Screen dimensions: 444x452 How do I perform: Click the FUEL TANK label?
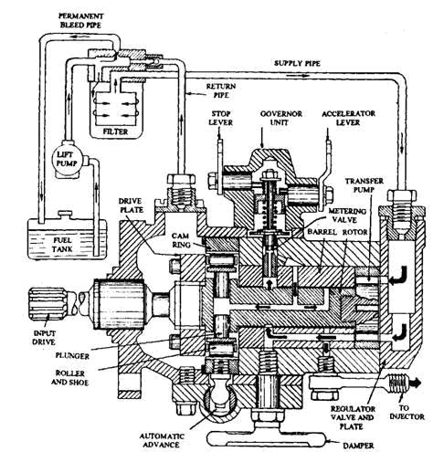62,245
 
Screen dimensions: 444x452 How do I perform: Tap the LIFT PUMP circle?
67,159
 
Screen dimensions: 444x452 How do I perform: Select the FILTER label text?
115,131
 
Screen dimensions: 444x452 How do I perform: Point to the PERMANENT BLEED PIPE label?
80,20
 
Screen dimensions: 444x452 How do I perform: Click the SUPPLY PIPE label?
297,63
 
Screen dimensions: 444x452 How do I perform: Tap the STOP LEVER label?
221,118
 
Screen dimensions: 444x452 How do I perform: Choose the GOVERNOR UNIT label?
280,118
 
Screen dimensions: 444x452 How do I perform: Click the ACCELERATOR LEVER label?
348,118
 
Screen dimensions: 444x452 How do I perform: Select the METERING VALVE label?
347,215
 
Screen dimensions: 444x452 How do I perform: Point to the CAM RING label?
181,240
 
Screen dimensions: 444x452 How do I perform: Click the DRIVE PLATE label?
131,205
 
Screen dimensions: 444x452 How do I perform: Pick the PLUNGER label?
72,355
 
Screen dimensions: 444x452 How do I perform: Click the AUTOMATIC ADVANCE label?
162,440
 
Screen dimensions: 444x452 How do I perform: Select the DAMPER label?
358,446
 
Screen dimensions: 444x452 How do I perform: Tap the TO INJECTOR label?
407,412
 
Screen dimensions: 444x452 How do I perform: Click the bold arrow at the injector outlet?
415,383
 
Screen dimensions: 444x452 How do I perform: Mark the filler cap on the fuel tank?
66,214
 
